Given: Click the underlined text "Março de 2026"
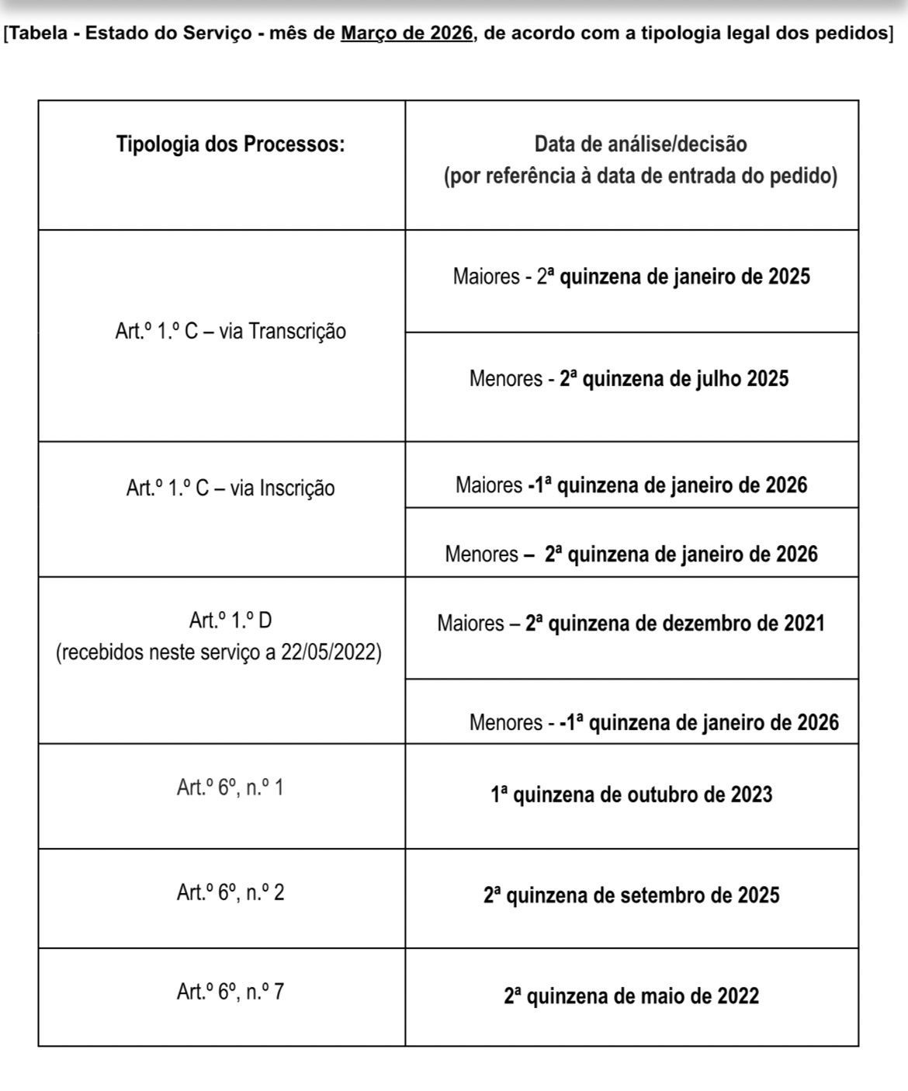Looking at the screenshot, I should [407, 33].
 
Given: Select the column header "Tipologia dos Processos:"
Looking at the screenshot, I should [230, 144].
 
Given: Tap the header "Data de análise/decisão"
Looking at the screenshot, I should [640, 144].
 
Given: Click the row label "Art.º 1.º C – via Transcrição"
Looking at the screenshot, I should [230, 332].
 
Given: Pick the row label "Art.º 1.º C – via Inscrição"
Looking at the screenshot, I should [230, 488].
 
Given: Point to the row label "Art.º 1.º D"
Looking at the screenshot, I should [230, 620].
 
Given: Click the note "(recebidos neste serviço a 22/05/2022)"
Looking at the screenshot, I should [219, 652].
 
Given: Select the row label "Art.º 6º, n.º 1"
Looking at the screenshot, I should [230, 788].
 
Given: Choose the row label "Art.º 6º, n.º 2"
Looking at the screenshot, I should [230, 893].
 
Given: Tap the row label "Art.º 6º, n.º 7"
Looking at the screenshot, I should [230, 992].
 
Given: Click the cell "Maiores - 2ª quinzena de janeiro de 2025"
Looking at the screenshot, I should [632, 277].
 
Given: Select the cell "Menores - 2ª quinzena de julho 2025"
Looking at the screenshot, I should [629, 379].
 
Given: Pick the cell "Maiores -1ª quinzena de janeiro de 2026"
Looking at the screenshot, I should [632, 485].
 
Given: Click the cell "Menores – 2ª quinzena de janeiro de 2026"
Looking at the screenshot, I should [632, 554].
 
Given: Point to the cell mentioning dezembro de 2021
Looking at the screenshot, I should [631, 624].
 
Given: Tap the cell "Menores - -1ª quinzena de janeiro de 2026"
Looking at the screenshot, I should [654, 723].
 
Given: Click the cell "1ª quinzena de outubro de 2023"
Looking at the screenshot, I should [632, 795].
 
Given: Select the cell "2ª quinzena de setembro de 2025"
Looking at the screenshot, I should [632, 895].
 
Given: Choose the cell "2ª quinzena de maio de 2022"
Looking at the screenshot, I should [632, 996].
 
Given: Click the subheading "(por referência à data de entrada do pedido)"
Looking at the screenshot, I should [640, 177].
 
